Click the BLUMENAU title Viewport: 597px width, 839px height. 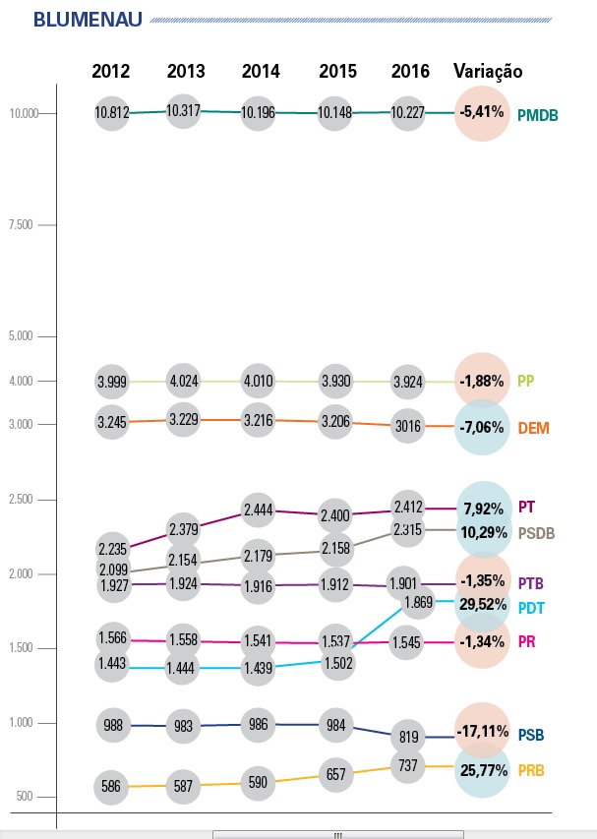(88, 20)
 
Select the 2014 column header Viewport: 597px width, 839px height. (261, 71)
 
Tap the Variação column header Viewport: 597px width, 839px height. (488, 71)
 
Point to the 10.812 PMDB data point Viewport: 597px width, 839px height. (111, 113)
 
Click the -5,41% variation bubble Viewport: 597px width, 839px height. (482, 113)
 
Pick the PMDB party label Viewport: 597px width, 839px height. (538, 115)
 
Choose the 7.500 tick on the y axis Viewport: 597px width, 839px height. (22, 225)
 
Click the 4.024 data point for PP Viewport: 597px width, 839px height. (186, 381)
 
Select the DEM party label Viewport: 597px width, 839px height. (533, 429)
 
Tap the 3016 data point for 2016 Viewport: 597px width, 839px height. (408, 427)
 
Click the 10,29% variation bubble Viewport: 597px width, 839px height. (482, 532)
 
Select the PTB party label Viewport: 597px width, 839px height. (531, 582)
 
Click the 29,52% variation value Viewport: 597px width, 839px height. (482, 606)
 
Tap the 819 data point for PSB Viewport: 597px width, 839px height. (408, 736)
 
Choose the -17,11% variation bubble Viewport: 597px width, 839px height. (482, 731)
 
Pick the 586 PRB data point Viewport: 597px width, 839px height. (111, 787)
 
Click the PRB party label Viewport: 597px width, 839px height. (532, 769)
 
